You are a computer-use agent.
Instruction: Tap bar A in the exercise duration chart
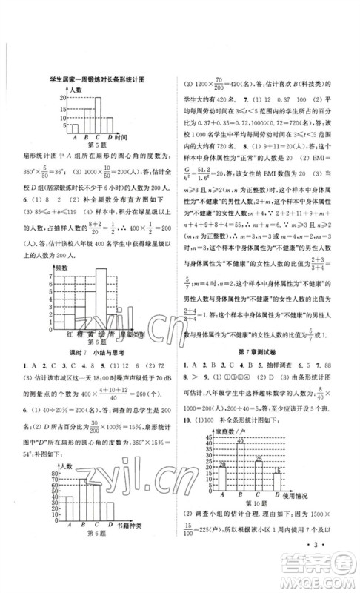coord(74,127)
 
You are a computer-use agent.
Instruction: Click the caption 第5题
coord(88,146)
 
